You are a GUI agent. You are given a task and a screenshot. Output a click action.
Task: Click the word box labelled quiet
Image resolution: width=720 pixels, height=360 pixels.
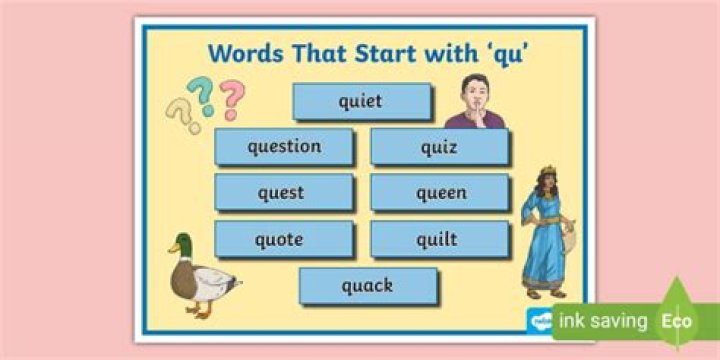click(x=361, y=101)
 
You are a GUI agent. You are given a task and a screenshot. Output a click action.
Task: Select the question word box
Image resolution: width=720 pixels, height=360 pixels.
click(x=284, y=147)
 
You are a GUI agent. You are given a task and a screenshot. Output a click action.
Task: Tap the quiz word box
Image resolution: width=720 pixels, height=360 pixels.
click(x=439, y=147)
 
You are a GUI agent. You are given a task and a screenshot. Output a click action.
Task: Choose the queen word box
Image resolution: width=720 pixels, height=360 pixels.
click(x=441, y=193)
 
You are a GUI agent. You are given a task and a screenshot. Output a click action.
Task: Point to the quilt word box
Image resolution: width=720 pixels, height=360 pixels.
click(x=438, y=240)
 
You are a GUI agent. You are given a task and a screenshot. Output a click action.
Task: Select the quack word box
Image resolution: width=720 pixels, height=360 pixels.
click(x=367, y=286)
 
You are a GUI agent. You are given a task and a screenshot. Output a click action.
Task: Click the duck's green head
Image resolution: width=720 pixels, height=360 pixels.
click(x=181, y=244)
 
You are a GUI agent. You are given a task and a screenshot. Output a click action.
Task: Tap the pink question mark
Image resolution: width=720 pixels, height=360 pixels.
click(x=232, y=98)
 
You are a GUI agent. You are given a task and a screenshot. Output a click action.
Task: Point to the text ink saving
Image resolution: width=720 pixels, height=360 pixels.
click(x=600, y=322)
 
